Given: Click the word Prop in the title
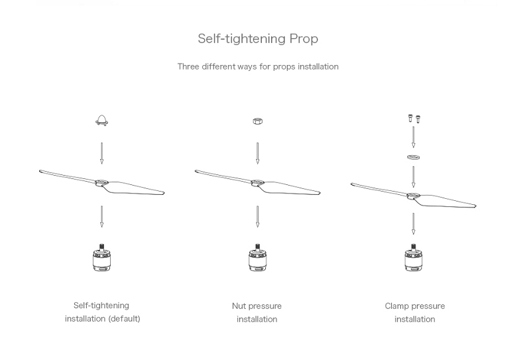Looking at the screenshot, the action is pos(304,39).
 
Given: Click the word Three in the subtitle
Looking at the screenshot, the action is pos(188,66).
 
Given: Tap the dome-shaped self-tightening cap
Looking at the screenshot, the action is pos(102,121).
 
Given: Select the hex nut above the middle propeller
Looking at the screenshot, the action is pos(258,121).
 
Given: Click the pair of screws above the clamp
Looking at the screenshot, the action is pos(414,119).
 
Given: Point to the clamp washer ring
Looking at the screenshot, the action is pos(414,157).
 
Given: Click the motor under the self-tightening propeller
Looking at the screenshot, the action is pos(101,258).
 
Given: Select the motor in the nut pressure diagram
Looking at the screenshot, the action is pos(258,258).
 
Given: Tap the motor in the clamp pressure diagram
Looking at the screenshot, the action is pos(414,258).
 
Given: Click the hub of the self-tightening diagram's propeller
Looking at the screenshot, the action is pos(101,182).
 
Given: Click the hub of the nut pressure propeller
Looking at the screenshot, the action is pos(258,182).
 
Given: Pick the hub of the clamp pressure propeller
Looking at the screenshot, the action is pos(413,196).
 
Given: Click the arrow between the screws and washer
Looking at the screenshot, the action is pos(414,137).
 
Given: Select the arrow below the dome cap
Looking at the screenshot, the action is pos(101,153).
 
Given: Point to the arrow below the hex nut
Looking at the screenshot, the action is pos(258,153).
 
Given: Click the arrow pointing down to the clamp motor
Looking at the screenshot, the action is pos(414,224).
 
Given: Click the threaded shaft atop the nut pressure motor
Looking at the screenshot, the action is pos(258,247).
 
